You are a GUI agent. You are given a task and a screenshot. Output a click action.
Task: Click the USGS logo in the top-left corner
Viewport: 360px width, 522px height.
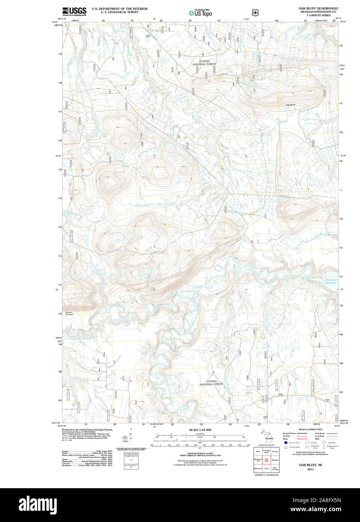[74, 11]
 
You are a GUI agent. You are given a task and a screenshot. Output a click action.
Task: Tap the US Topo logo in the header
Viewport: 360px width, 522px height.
[200, 13]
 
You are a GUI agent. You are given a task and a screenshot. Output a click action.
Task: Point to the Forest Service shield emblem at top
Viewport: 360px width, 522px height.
[256, 12]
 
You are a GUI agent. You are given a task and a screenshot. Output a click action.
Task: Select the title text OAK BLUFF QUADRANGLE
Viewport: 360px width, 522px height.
[318, 8]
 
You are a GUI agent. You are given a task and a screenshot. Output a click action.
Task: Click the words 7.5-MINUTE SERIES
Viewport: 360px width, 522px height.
[318, 15]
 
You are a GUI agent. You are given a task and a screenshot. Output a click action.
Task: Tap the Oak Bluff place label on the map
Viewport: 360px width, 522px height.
[290, 105]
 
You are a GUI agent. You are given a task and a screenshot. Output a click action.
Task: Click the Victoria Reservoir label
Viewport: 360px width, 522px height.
[331, 281]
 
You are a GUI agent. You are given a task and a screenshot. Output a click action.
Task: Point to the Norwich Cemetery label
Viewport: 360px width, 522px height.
[69, 313]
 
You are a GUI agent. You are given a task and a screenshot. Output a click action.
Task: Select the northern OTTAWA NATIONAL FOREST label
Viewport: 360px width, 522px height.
[204, 63]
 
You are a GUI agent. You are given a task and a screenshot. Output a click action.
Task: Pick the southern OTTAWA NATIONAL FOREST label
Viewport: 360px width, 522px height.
[211, 383]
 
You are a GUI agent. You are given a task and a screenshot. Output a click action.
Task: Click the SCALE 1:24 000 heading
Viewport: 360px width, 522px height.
[200, 430]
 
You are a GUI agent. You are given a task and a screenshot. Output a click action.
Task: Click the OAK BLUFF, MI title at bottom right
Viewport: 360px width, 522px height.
[310, 465]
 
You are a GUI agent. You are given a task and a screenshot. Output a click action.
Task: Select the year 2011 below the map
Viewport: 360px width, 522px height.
[310, 469]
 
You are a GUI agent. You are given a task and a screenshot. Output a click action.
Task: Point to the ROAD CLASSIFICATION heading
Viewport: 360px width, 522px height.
[310, 429]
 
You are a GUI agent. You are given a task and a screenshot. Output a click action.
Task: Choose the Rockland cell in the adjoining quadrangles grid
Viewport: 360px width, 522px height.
[275, 460]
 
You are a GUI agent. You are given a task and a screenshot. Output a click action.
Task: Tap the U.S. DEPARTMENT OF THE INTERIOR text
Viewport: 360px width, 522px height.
[119, 9]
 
